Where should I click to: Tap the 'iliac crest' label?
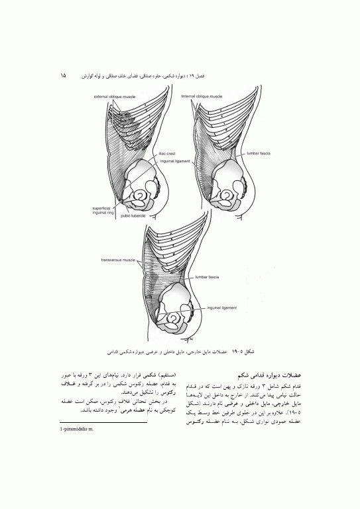[166, 154]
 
